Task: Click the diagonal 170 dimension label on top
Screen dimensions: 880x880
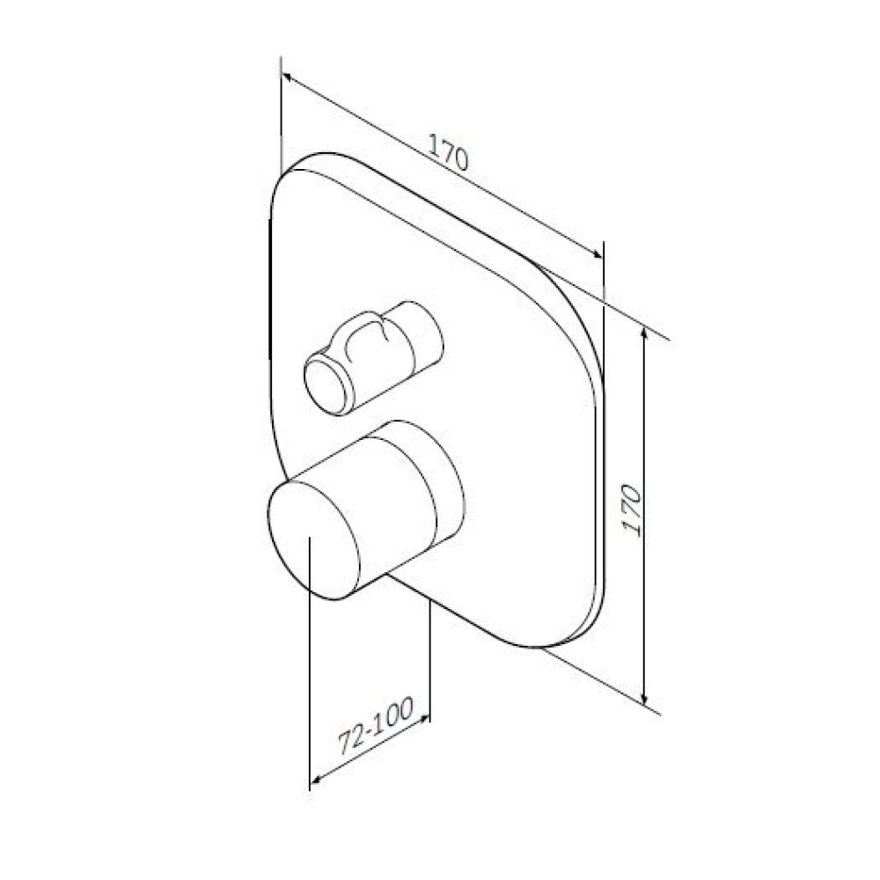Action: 448,151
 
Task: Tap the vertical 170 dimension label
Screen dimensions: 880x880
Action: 632,510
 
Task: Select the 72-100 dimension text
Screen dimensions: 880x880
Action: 376,724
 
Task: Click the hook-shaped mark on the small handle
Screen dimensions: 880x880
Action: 366,340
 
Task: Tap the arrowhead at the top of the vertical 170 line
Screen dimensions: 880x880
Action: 644,334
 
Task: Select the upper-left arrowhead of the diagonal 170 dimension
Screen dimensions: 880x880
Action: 288,78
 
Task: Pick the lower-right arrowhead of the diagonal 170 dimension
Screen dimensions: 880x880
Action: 596,253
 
